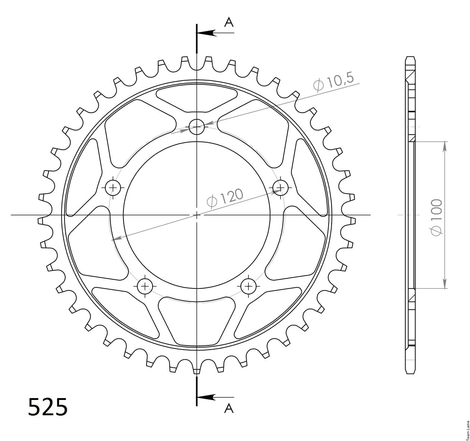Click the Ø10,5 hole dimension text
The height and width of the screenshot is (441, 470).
tap(333, 82)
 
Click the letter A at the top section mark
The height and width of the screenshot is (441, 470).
tap(229, 23)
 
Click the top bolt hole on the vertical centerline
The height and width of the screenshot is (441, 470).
tap(197, 127)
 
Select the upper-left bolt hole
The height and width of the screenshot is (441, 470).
tap(113, 188)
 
